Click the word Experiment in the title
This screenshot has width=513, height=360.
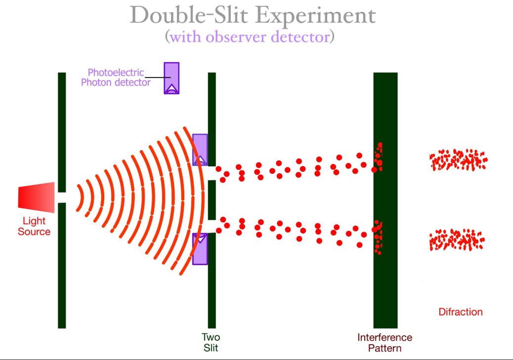pos(316,16)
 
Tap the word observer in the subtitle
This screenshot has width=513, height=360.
pos(236,37)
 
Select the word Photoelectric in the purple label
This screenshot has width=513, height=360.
pos(116,72)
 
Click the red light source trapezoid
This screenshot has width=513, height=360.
pos(36,197)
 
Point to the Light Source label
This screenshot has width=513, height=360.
pos(34,226)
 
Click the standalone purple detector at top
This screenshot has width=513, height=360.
pos(171,78)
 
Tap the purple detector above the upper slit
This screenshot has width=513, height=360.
pos(200,150)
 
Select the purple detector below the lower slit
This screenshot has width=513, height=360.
pos(200,249)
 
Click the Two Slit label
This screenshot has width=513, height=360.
pos(211,342)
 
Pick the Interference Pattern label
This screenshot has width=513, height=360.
pos(385,342)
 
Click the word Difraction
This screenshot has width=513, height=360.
pos(460,312)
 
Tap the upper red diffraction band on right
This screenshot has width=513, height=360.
pos(458,160)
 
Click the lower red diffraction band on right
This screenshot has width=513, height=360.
pos(457,240)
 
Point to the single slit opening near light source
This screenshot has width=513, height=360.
pos(62,198)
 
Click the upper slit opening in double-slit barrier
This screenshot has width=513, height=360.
pos(212,173)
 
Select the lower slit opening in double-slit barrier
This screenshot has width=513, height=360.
pos(212,226)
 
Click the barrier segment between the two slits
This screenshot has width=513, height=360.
pos(212,200)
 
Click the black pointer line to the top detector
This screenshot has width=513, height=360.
pos(158,78)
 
